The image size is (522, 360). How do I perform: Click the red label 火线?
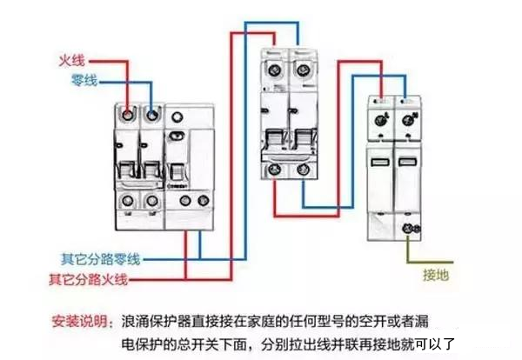(71, 61)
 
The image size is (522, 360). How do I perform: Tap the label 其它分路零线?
(100, 259)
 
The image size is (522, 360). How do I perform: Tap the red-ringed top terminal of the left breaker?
(129, 114)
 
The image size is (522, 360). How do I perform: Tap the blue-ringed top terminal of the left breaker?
(153, 114)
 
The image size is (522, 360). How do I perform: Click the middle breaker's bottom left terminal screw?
(277, 170)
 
